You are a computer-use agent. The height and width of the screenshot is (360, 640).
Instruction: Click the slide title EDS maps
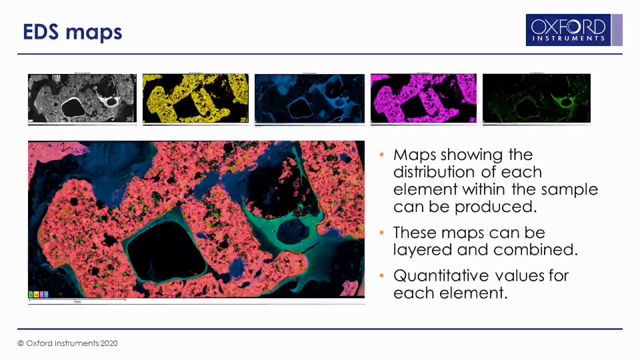click(72, 32)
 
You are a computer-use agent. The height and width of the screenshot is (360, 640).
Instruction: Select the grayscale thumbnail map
click(82, 98)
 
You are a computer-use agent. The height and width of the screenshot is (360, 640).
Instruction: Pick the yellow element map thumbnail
click(195, 98)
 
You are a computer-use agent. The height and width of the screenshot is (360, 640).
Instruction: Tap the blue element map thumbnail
click(309, 98)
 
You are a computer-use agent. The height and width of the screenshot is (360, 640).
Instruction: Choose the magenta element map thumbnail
click(423, 98)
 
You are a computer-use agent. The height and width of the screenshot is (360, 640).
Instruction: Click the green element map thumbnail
click(536, 98)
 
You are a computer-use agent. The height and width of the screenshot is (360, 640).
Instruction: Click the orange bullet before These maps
click(382, 232)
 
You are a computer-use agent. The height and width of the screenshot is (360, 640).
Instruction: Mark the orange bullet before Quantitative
click(382, 275)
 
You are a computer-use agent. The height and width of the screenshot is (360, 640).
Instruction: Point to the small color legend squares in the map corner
click(38, 294)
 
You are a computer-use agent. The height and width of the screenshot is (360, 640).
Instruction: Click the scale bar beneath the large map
click(77, 301)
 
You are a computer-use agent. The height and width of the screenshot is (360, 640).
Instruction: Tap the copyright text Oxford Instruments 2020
click(67, 343)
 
